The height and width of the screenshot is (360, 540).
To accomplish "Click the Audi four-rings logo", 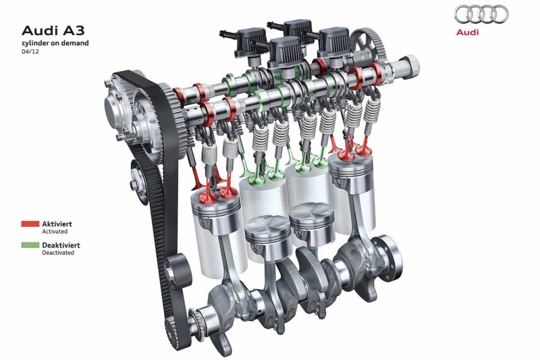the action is [x=481, y=15].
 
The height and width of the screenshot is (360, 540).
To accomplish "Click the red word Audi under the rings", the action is [x=467, y=32].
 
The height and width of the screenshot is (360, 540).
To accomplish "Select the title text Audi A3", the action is [x=53, y=30].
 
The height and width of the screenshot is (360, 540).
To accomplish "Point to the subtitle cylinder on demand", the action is [x=55, y=43].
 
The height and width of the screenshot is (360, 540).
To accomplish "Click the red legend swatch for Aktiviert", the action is [x=30, y=224].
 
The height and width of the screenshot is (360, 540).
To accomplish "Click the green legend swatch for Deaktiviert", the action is [x=30, y=245].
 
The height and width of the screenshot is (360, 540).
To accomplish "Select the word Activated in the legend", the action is [x=55, y=232].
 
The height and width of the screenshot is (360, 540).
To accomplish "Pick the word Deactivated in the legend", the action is [x=58, y=253].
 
